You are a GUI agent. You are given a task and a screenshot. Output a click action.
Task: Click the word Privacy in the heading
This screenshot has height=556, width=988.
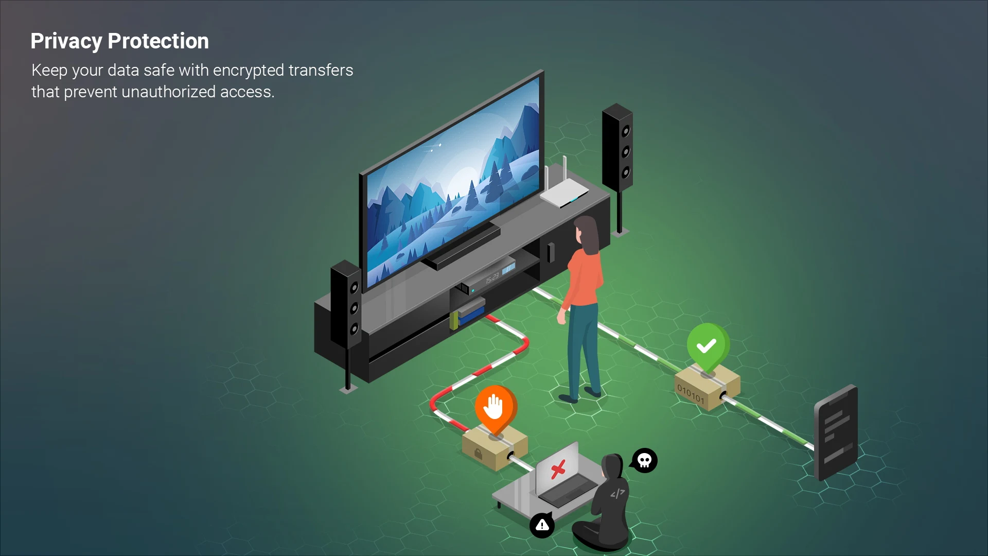tap(66, 41)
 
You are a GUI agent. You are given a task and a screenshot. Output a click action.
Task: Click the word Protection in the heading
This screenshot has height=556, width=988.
tap(158, 41)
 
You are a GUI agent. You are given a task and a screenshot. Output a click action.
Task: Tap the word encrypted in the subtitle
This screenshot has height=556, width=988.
tap(248, 71)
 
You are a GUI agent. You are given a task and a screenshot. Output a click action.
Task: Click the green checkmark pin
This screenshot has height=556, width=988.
tap(708, 346)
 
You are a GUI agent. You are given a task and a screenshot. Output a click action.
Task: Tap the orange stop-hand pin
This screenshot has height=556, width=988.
tap(496, 409)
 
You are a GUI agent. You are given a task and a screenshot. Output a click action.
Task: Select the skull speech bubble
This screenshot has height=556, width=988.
tap(644, 460)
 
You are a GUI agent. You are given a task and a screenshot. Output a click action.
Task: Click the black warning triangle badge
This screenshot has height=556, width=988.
tap(542, 525)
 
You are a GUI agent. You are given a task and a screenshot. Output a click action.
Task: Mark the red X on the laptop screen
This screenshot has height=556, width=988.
tap(558, 469)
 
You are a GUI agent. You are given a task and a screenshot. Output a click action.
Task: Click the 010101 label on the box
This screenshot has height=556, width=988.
tap(690, 394)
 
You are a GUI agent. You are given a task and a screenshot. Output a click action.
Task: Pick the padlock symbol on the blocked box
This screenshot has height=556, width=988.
tap(478, 454)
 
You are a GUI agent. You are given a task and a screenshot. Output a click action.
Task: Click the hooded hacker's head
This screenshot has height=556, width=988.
tap(612, 466)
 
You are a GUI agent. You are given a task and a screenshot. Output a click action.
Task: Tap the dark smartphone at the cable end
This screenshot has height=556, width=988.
tap(836, 432)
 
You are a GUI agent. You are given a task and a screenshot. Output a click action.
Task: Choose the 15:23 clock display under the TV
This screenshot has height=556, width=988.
tap(492, 278)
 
